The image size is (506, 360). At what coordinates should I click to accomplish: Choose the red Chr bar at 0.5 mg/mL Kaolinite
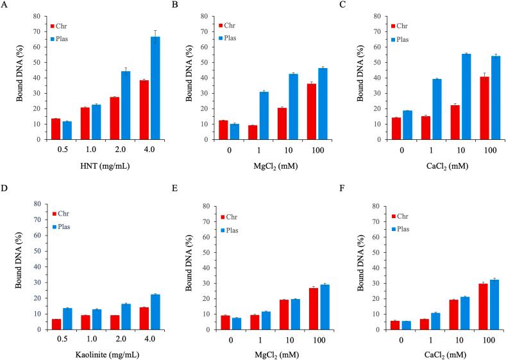(x=56, y=324)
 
